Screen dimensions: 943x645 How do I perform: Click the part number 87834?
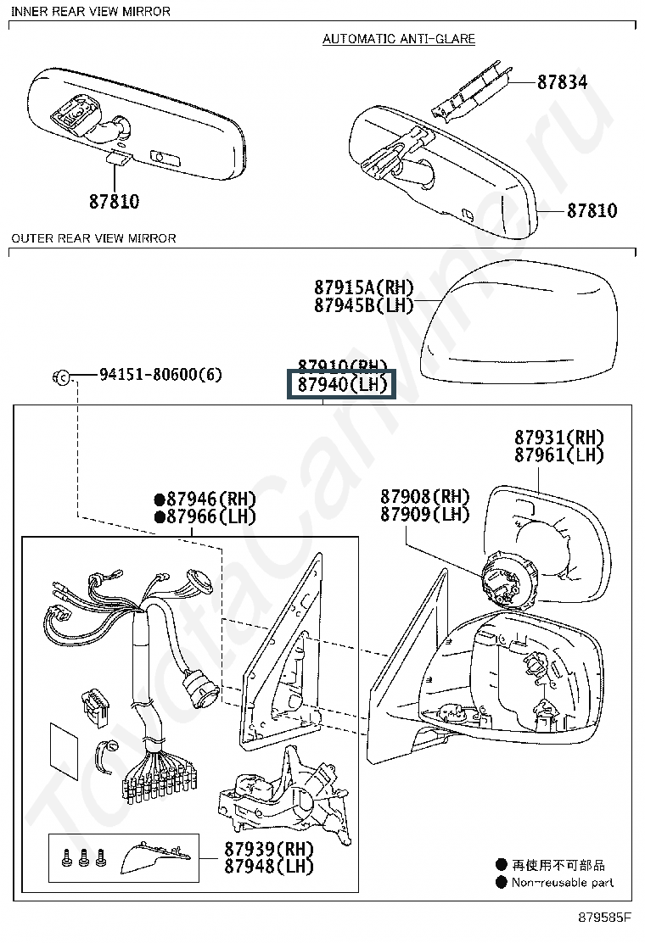point(562,82)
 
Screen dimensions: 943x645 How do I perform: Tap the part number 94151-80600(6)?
point(160,374)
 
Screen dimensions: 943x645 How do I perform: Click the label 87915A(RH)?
point(363,287)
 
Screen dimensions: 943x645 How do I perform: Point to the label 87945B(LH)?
point(363,305)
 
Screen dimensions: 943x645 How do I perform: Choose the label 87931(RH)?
point(558,438)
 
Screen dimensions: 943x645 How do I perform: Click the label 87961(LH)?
point(558,455)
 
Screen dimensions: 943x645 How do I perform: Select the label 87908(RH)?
point(424,497)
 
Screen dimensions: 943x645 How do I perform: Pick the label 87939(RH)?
point(269,849)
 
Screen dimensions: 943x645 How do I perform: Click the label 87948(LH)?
point(269,867)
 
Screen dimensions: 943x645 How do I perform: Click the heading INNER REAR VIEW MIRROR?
point(91,12)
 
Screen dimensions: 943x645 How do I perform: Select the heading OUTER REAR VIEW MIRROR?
point(93,238)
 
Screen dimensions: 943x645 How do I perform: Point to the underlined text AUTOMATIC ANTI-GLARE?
point(399,39)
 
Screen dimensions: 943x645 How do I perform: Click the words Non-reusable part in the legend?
point(562,882)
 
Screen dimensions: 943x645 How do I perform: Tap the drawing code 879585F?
point(605,917)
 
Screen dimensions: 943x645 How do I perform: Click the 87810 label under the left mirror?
point(114,202)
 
